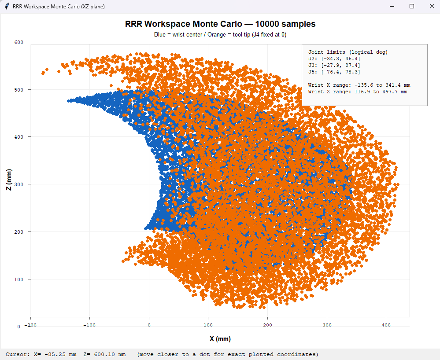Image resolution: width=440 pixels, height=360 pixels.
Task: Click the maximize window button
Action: click(x=411, y=7)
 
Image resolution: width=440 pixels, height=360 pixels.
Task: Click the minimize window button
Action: click(x=392, y=7)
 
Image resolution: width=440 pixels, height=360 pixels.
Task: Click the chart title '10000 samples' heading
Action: click(x=220, y=24)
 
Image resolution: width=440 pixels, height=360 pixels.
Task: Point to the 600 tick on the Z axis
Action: click(x=19, y=42)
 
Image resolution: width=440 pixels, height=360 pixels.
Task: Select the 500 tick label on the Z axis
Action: click(x=19, y=90)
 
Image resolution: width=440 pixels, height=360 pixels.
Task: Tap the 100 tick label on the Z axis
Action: click(x=19, y=279)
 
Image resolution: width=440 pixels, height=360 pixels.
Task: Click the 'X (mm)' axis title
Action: click(x=220, y=339)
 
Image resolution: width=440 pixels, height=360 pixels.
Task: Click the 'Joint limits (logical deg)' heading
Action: click(x=348, y=52)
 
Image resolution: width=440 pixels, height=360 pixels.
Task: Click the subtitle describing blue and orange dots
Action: click(x=220, y=34)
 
